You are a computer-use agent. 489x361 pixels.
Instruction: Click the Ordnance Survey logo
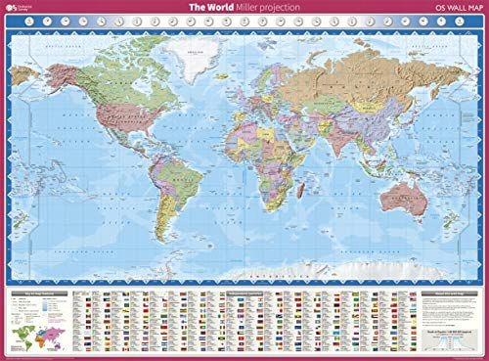pyautogui.click(x=22, y=11)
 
